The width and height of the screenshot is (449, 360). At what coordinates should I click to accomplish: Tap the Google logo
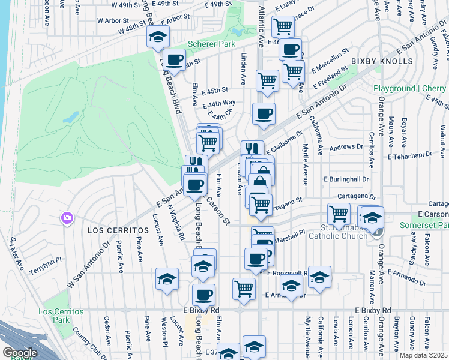point(20,353)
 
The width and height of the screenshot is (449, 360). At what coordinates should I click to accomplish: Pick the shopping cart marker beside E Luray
point(283,26)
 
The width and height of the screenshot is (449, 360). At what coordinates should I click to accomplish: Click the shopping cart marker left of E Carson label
point(339,213)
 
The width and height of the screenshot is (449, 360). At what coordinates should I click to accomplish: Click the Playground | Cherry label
point(410,88)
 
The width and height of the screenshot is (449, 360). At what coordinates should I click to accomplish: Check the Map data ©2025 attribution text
point(424,355)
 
